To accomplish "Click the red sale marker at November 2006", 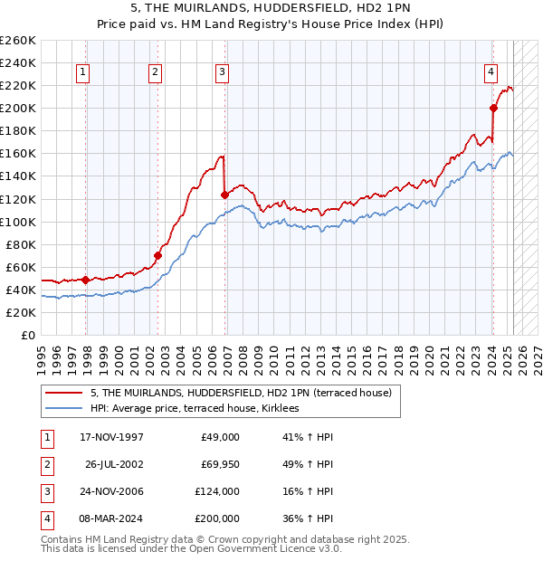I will (x=224, y=194).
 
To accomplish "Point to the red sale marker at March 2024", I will (x=493, y=108).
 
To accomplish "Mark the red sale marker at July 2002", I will (x=157, y=255).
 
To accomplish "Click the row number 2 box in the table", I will (x=46, y=464).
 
